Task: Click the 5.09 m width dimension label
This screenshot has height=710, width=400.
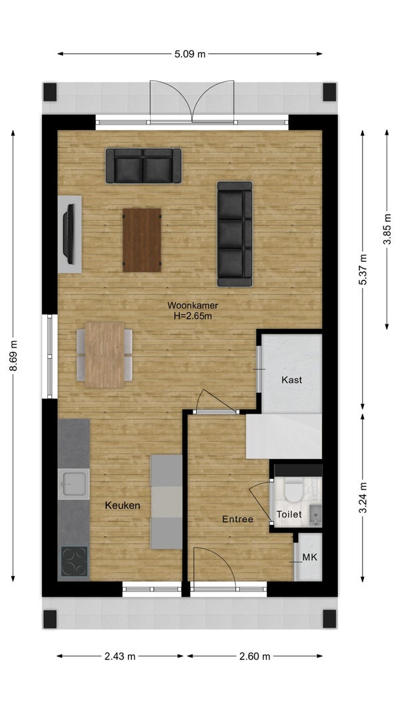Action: click(x=190, y=55)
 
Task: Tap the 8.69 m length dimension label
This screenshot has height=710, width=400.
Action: click(x=13, y=356)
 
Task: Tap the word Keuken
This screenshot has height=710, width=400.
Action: click(x=122, y=506)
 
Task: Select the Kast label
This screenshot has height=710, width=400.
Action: click(x=291, y=380)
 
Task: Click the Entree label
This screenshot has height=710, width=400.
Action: click(x=237, y=520)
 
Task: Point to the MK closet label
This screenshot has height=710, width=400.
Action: click(x=310, y=557)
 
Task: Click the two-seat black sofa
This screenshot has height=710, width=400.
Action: click(x=143, y=166)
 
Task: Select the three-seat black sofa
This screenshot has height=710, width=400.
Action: click(x=235, y=234)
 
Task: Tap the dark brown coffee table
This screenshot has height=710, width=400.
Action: click(x=142, y=240)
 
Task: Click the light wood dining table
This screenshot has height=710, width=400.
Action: click(x=105, y=355)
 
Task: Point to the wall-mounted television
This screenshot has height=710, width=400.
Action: click(x=69, y=234)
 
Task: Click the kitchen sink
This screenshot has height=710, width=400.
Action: click(x=73, y=484)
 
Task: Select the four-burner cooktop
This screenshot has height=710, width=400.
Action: click(x=74, y=561)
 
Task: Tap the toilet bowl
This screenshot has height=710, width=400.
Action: click(x=293, y=492)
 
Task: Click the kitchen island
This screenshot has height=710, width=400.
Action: click(x=166, y=502)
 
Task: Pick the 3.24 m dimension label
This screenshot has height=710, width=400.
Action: click(x=363, y=498)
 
